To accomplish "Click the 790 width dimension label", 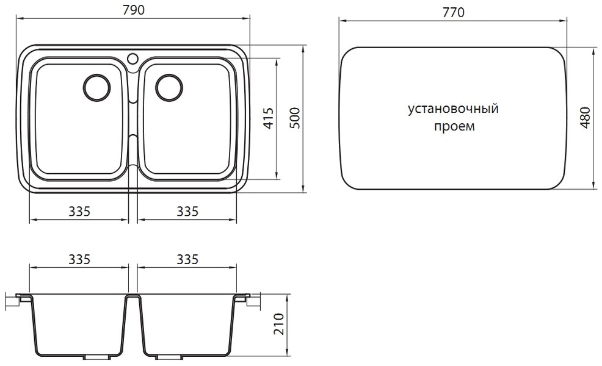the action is [x=134, y=10].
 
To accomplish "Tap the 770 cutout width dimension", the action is [x=454, y=12].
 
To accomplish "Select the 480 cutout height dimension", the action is [x=585, y=118].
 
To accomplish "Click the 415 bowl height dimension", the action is [x=269, y=118].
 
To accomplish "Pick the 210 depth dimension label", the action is [x=279, y=324].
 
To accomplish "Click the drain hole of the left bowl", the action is [x=96, y=87].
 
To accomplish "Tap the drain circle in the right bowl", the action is [x=169, y=87].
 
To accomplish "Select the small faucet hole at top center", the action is [x=132, y=59].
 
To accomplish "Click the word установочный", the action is [x=453, y=109].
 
